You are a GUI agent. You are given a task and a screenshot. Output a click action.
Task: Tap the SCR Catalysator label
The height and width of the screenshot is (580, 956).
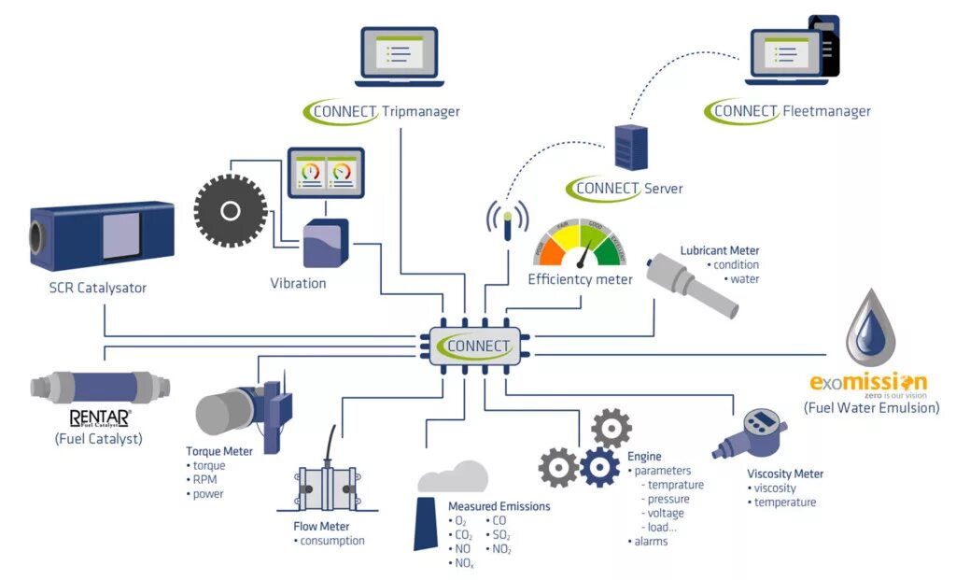(97, 288)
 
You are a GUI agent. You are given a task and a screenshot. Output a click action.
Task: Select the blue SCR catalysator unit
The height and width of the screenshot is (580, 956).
(102, 231)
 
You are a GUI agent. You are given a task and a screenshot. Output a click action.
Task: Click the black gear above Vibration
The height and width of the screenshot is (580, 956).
(231, 211)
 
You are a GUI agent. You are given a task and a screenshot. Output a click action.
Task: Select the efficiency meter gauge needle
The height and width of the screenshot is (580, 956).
(584, 253)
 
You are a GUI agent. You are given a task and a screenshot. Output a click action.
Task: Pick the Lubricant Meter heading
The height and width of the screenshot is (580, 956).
(719, 250)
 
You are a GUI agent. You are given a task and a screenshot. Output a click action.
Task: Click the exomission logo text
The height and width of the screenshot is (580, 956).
(868, 383)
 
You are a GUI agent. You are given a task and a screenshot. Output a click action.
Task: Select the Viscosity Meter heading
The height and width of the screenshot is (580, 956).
(785, 474)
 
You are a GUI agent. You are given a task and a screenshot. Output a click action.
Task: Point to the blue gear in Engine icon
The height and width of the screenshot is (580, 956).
(599, 467)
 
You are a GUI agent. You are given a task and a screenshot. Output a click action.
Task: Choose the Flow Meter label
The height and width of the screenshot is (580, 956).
(321, 526)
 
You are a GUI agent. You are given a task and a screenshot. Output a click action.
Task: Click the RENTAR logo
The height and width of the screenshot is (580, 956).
(100, 417)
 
